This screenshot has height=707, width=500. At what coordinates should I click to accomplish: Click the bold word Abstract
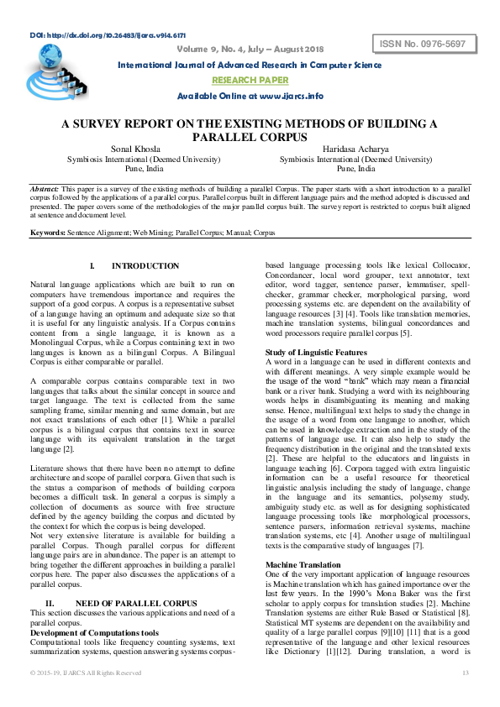click(x=44, y=190)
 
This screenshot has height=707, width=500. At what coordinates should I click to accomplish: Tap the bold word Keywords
click(x=47, y=231)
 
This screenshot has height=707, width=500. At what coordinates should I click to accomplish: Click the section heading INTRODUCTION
click(x=145, y=265)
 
